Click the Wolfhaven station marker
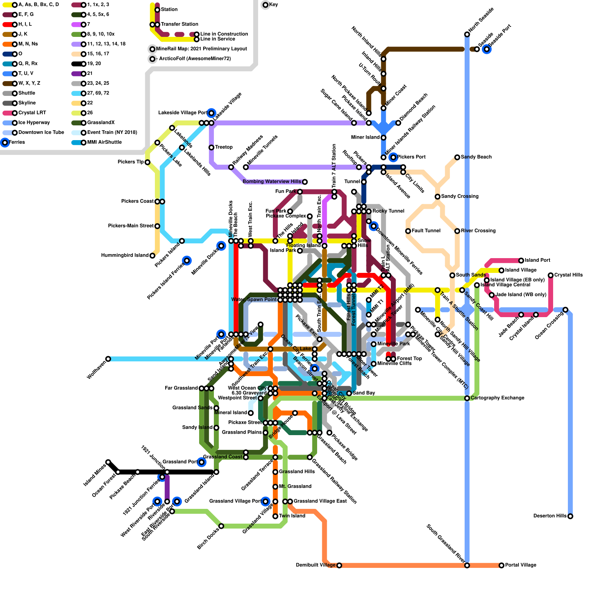click(108, 359)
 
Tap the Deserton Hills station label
click(549, 516)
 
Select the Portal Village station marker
click(502, 565)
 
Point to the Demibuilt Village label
click(316, 565)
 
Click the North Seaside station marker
click(467, 34)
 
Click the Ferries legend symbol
click(5, 142)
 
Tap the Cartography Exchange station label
click(497, 398)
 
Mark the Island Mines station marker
click(108, 462)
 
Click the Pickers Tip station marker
click(147, 162)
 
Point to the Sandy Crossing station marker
click(437, 197)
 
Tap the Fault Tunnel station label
click(426, 231)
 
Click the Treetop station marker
click(211, 147)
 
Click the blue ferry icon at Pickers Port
click(393, 157)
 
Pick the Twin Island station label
click(292, 516)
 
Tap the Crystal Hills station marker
click(551, 275)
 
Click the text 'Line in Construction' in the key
click(224, 34)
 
